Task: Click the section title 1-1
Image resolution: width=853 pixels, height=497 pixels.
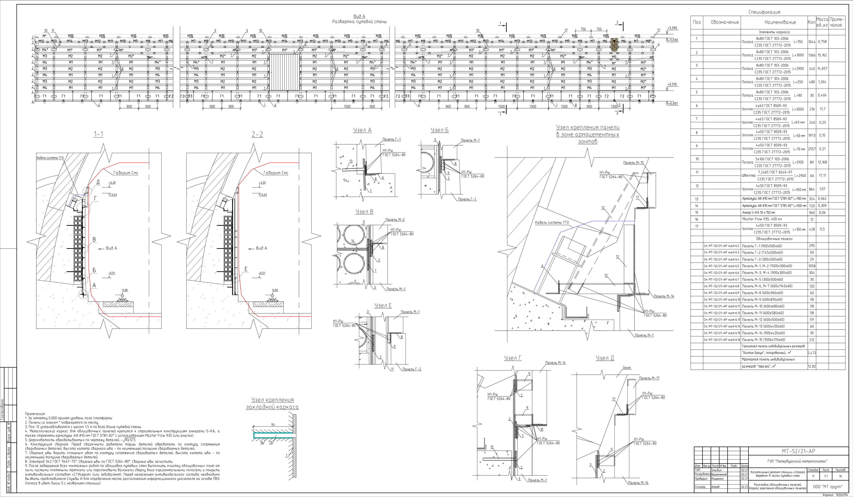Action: click(x=98, y=134)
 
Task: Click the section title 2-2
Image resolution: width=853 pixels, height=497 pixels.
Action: click(x=257, y=134)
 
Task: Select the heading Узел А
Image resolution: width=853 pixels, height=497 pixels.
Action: click(x=362, y=130)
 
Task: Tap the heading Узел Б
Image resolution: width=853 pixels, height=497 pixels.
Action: click(x=439, y=130)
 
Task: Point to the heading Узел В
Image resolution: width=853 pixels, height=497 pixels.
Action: click(x=364, y=212)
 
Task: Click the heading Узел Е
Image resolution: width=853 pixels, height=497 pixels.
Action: click(x=383, y=305)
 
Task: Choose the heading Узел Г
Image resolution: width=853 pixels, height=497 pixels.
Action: click(x=513, y=358)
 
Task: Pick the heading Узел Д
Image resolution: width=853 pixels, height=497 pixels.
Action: click(x=605, y=358)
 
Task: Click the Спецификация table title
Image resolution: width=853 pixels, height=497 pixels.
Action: click(x=764, y=12)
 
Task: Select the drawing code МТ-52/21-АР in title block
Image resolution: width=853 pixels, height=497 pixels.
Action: click(x=798, y=451)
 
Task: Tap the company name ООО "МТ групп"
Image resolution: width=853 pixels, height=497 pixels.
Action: click(x=828, y=487)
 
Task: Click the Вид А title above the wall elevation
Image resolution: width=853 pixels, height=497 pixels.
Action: click(x=359, y=16)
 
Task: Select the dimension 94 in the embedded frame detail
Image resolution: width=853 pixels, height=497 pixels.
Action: click(x=273, y=425)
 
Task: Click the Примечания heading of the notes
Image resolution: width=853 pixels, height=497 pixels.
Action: click(x=35, y=414)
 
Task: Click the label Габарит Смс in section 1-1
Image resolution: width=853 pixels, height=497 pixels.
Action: click(x=126, y=173)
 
